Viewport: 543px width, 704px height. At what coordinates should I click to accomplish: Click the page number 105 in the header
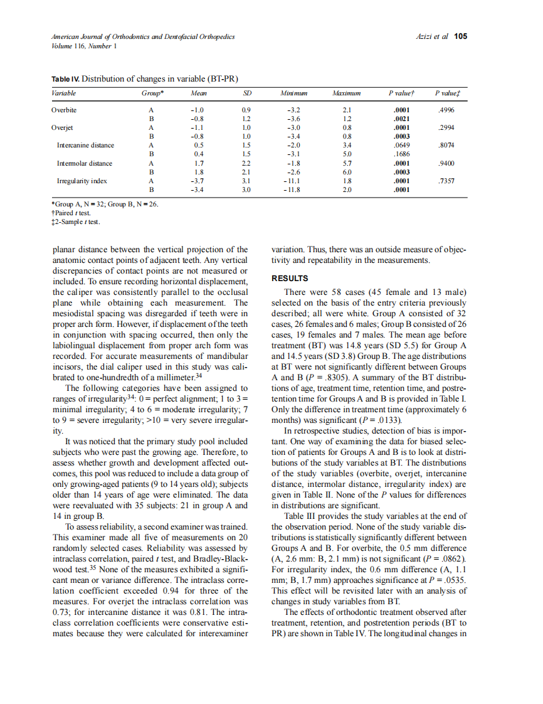click(x=461, y=36)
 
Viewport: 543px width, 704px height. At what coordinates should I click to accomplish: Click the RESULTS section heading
click(x=289, y=279)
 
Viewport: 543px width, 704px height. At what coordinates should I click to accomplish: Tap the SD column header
click(x=246, y=93)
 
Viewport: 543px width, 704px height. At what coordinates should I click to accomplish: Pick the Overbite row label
click(x=64, y=110)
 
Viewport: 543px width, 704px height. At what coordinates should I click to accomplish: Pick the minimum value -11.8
click(x=293, y=189)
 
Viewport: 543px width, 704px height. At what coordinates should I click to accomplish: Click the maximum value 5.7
click(x=346, y=163)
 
